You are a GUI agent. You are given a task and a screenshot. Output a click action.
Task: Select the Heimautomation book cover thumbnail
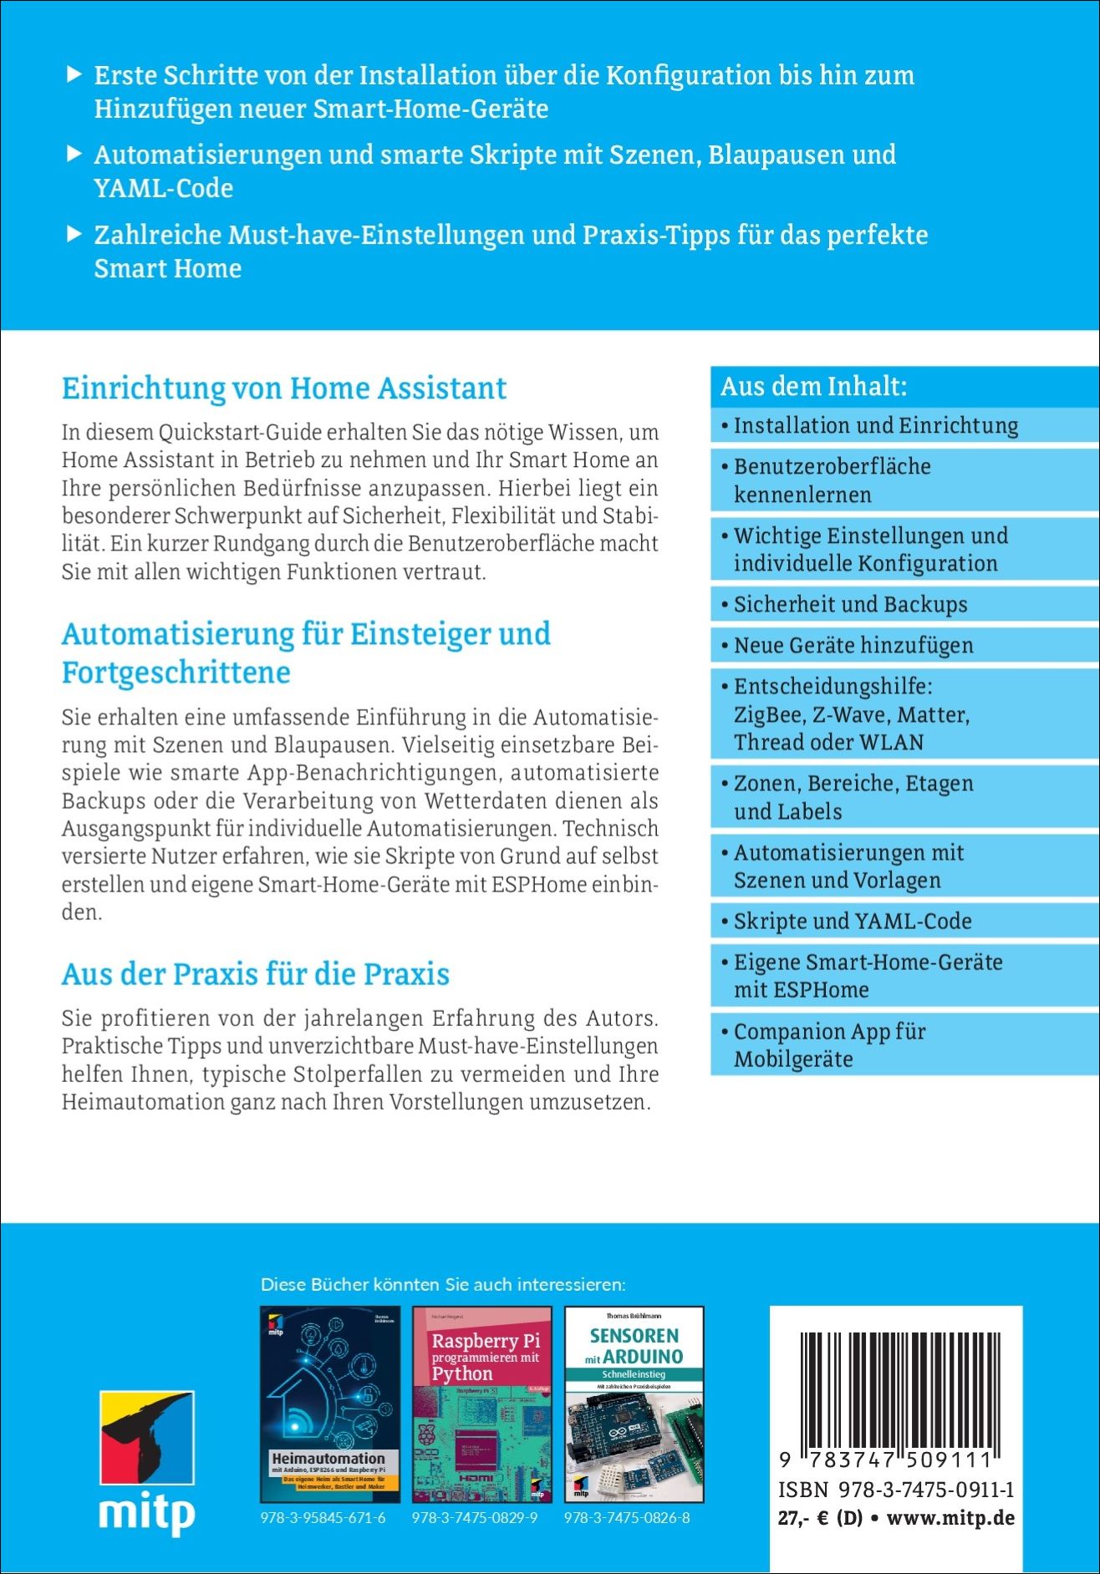coord(330,1404)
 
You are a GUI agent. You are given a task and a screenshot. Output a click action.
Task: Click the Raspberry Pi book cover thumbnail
coord(482,1404)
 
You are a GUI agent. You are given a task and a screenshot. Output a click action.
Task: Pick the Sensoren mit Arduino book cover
coord(634,1404)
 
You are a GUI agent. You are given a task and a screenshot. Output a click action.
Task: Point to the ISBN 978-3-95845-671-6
coord(323,1518)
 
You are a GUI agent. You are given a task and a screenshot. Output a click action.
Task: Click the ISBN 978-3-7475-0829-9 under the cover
coord(475,1518)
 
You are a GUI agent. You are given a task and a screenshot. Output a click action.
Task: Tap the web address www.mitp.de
coord(950,1518)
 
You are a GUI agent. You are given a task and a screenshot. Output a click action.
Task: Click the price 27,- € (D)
coord(820,1518)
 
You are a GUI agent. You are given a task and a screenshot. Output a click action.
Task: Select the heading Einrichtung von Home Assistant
coord(284,388)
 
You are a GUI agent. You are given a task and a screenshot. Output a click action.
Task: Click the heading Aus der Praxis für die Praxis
coord(256,974)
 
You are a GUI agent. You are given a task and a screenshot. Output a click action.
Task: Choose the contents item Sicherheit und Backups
coord(850,604)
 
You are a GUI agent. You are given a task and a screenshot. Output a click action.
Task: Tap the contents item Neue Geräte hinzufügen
coord(853,645)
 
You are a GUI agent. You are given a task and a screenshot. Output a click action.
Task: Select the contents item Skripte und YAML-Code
coord(853,921)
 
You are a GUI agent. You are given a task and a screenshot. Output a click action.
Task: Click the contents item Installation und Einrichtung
coord(876,425)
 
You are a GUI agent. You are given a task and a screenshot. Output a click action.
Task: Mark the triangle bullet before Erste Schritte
coord(74,74)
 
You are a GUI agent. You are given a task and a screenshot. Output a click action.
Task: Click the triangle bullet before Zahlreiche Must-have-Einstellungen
coord(74,234)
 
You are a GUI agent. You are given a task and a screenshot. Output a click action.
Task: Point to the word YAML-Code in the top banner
coord(164,188)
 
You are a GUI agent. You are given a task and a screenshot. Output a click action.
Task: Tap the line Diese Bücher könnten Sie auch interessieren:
coord(443,1284)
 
